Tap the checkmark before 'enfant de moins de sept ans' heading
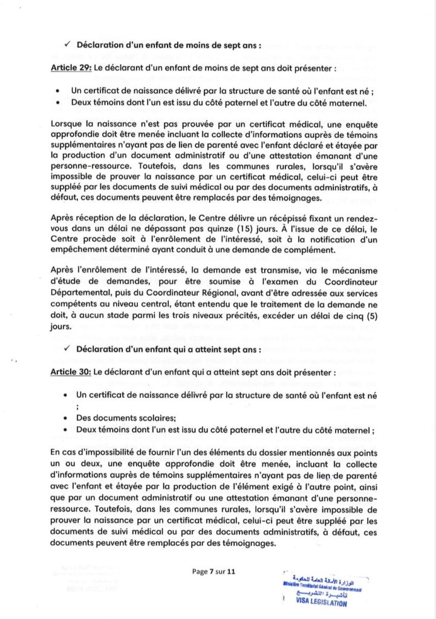(67, 45)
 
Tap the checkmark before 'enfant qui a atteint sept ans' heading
(67, 349)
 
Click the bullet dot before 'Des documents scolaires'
(65, 417)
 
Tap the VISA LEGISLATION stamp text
(321, 603)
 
